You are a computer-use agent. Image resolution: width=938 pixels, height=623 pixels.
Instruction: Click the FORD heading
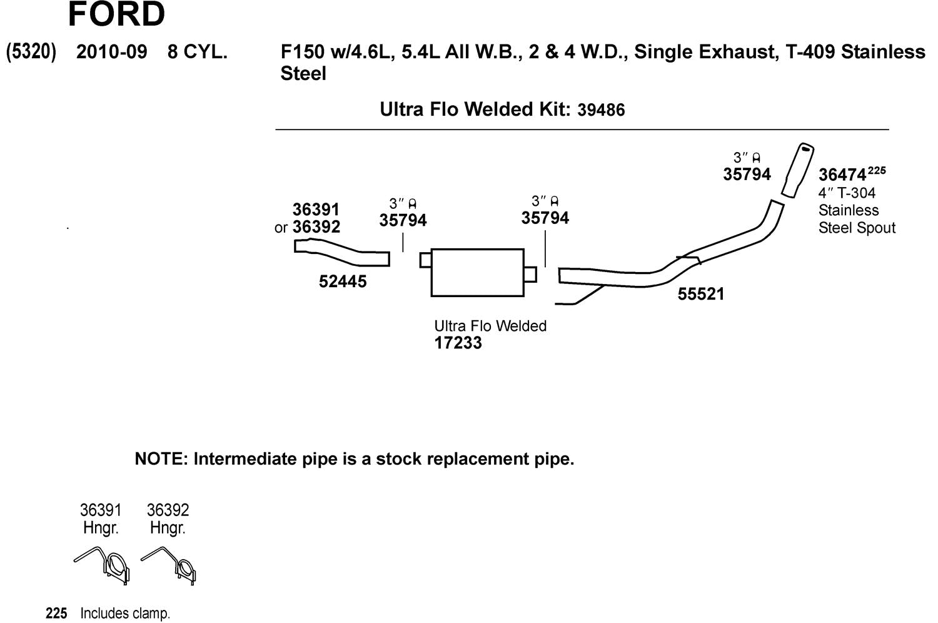[116, 14]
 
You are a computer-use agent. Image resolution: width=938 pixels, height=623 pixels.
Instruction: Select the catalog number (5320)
[31, 51]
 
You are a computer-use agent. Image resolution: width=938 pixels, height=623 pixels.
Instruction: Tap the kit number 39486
[601, 110]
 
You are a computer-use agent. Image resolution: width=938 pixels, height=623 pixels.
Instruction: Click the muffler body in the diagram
[477, 272]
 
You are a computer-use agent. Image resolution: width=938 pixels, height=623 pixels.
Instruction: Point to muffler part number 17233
[458, 343]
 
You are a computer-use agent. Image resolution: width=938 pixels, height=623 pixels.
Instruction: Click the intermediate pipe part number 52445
[343, 281]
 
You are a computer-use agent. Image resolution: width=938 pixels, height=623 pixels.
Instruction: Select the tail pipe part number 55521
[700, 294]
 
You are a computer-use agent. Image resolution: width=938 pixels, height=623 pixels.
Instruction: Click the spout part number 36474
[842, 175]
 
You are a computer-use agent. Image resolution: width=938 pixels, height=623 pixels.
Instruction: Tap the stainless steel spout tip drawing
[797, 170]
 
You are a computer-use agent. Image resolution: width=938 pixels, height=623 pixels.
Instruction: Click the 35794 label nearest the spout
[747, 174]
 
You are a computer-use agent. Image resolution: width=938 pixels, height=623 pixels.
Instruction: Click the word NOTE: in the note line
[161, 459]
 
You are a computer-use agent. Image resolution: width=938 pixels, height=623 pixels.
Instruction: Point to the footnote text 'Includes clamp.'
[125, 614]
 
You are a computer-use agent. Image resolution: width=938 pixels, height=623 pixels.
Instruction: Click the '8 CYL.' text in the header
[197, 52]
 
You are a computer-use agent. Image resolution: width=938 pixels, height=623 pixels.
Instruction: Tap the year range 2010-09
[111, 52]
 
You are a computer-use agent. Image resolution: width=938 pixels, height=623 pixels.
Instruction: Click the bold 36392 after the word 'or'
[316, 226]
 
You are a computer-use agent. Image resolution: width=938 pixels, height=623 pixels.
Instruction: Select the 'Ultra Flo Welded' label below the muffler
[490, 326]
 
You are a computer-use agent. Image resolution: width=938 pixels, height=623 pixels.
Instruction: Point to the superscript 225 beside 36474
[877, 170]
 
